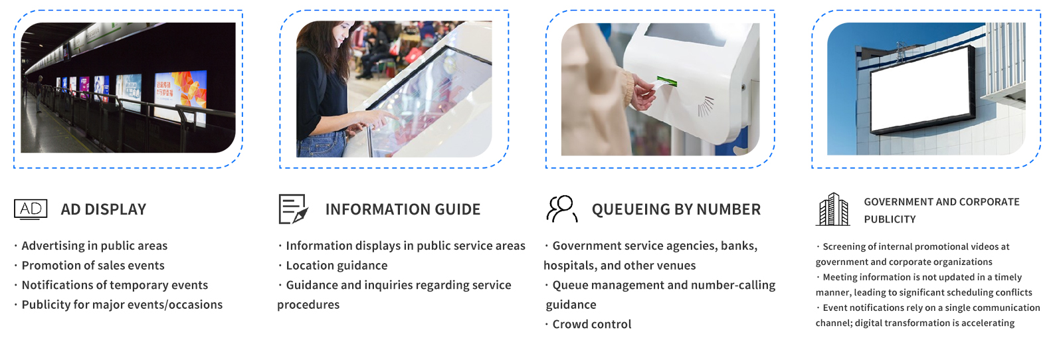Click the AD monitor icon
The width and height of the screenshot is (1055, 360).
click(31, 209)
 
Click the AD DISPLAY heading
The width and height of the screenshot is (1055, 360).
click(104, 209)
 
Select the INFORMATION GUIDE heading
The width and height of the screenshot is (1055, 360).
click(403, 209)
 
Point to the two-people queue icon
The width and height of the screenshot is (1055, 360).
click(562, 209)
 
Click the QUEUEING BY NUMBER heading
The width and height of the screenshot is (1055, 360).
click(676, 209)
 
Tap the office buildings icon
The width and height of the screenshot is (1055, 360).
click(832, 209)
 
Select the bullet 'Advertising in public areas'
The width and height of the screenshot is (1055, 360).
click(94, 246)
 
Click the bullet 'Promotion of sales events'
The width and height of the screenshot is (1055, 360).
click(93, 266)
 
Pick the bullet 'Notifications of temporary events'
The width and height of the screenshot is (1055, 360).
click(114, 285)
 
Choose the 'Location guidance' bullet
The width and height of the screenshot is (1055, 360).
click(337, 266)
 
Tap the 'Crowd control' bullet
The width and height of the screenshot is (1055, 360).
click(591, 324)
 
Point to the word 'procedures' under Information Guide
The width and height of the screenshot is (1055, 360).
click(308, 305)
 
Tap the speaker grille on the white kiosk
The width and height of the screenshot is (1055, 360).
click(706, 106)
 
